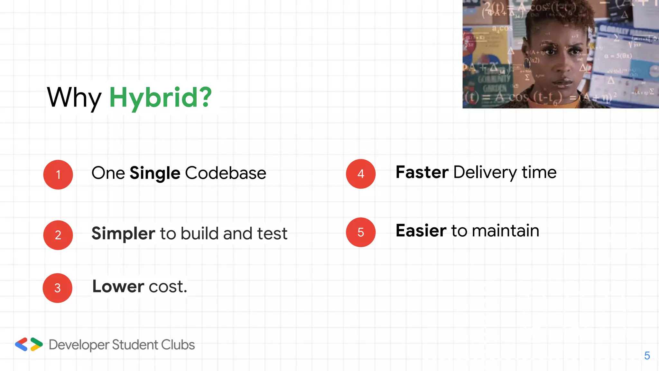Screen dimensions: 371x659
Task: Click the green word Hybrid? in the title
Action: pyautogui.click(x=160, y=97)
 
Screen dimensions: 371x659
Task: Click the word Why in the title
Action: pyautogui.click(x=74, y=97)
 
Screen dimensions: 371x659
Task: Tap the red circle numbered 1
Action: pyautogui.click(x=58, y=175)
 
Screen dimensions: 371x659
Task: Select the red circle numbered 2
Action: pyautogui.click(x=58, y=235)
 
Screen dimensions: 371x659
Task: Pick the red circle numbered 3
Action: pyautogui.click(x=58, y=288)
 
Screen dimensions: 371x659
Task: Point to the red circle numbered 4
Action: pyautogui.click(x=361, y=174)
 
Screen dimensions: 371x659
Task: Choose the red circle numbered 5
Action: pyautogui.click(x=361, y=232)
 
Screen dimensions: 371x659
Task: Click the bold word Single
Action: pyautogui.click(x=155, y=173)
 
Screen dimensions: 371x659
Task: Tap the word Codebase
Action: pyautogui.click(x=226, y=173)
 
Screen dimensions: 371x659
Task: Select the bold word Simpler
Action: pyautogui.click(x=123, y=233)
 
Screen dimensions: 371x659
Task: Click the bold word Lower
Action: pyautogui.click(x=118, y=286)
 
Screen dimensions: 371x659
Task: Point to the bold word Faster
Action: pyautogui.click(x=422, y=172)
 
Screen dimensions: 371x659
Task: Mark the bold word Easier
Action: pyautogui.click(x=421, y=231)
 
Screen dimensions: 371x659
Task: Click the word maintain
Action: pyautogui.click(x=506, y=231)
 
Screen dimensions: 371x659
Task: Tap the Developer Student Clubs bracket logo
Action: pyautogui.click(x=29, y=344)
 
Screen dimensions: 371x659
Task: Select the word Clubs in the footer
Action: pyautogui.click(x=178, y=345)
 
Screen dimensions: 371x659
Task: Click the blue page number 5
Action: pyautogui.click(x=647, y=356)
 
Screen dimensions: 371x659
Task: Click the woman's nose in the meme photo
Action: pyautogui.click(x=563, y=68)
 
